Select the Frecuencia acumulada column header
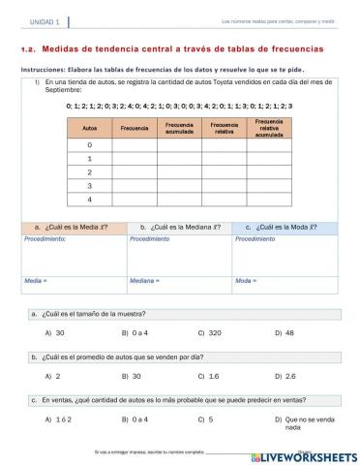coord(179,127)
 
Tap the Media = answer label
coord(36,280)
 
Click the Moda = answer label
coord(246,280)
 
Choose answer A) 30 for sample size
coord(55,332)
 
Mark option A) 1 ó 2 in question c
coord(57,418)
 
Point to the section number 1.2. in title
coord(28,48)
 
